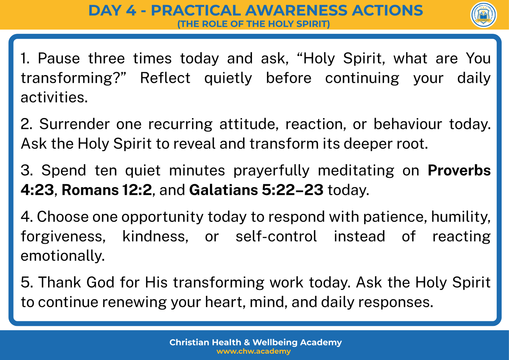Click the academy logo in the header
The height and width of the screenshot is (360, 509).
click(483, 15)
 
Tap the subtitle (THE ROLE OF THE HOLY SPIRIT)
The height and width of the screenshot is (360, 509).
click(253, 24)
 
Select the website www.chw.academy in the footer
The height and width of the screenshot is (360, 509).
click(254, 351)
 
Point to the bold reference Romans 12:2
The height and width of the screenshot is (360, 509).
click(107, 190)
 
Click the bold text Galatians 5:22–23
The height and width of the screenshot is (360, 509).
click(256, 190)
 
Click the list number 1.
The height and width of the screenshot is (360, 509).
click(25, 58)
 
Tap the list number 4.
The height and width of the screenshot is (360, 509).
click(27, 216)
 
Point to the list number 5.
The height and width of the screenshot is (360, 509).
click(27, 282)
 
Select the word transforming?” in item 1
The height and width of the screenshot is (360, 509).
click(73, 78)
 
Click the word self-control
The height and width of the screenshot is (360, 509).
click(276, 236)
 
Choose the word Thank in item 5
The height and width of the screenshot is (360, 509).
click(59, 282)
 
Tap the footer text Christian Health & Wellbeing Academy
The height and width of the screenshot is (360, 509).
click(255, 342)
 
